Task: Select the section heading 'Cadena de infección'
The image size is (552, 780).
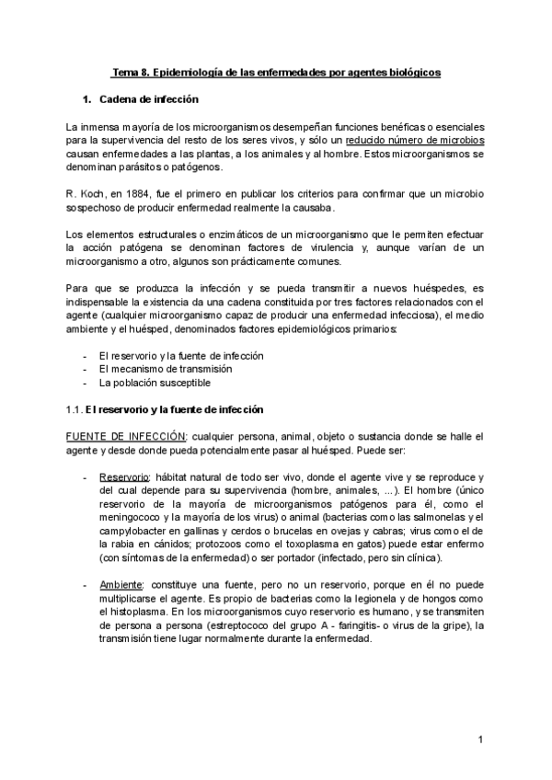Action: [151, 98]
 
